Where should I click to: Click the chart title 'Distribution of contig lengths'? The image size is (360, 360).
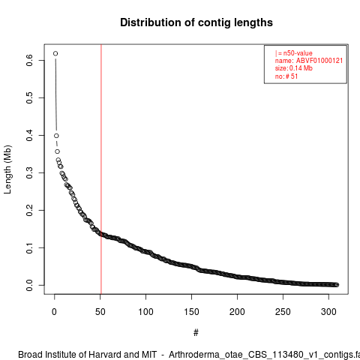[x=196, y=22]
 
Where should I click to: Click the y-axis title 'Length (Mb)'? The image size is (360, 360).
[x=7, y=169]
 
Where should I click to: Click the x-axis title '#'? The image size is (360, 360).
[x=196, y=333]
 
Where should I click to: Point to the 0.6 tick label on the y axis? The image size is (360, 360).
[x=29, y=60]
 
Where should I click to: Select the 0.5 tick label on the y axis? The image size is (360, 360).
[x=29, y=97]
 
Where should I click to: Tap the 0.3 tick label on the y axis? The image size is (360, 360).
[x=29, y=172]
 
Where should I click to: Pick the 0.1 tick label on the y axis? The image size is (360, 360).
[x=29, y=247]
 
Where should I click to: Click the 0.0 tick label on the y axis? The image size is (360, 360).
[x=29, y=285]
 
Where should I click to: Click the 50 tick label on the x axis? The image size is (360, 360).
[x=100, y=312]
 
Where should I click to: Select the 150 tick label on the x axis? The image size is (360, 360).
[x=191, y=312]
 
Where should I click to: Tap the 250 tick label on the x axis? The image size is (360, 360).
[x=283, y=312]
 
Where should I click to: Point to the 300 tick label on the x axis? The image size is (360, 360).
[x=328, y=312]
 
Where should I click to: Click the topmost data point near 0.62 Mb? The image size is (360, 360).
[x=55, y=53]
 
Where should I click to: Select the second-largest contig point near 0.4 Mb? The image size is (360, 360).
[x=56, y=136]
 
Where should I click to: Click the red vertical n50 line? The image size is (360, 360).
[x=101, y=169]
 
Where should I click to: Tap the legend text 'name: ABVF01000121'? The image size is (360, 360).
[x=309, y=61]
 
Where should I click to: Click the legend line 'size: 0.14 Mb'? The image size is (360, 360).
[x=294, y=68]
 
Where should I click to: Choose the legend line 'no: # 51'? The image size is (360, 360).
[x=286, y=76]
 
